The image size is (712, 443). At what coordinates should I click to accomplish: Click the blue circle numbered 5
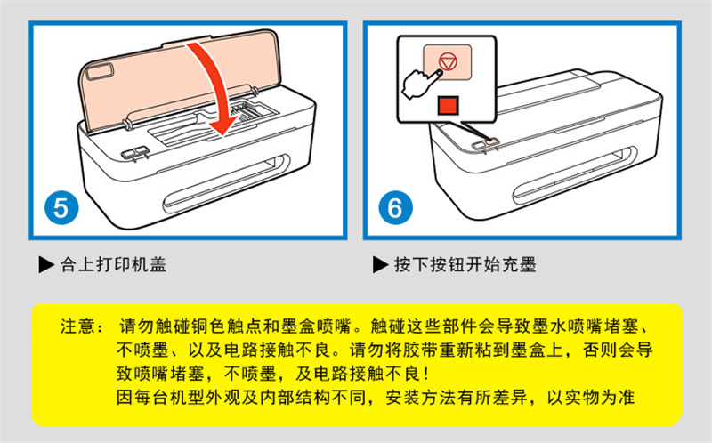61,208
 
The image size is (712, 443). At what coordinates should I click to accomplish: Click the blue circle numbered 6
395,208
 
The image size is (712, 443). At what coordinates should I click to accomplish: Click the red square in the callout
449,105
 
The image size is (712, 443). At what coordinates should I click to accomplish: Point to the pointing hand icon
420,84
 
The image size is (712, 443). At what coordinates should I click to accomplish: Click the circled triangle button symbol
448,61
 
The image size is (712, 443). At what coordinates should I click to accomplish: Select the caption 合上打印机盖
114,264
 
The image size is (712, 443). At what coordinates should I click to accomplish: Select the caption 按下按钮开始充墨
465,264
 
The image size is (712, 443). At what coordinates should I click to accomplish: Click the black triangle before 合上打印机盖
46,264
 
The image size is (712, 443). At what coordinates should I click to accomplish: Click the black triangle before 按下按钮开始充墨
381,264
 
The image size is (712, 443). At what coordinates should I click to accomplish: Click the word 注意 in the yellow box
78,326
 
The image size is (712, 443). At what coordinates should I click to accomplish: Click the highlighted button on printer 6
492,142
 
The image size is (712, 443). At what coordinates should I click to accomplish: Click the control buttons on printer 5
134,152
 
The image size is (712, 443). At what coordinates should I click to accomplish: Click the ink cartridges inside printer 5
242,112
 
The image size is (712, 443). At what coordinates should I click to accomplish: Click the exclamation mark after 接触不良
425,374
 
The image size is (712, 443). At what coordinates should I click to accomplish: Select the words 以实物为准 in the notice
590,397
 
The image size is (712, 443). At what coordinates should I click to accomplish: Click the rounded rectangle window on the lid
100,72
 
